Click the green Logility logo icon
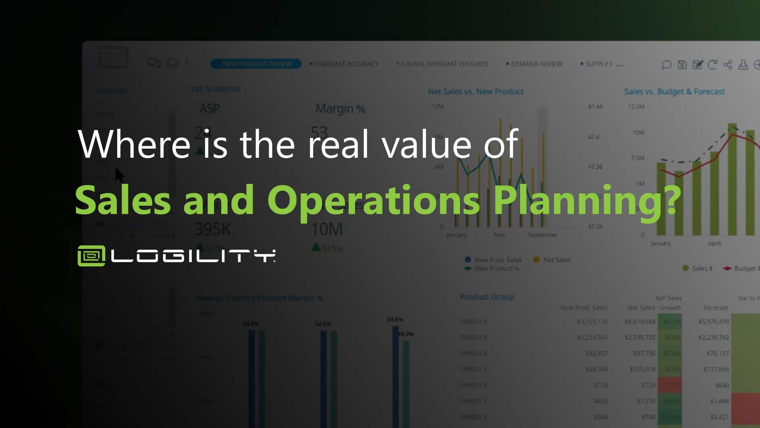pos(91,256)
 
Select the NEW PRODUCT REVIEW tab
pos(256,64)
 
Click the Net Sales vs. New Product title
pos(475,92)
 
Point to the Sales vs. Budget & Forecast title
pos(674,92)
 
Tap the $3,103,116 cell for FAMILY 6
pos(592,321)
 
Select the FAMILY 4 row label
pos(473,353)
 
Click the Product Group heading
pos(487,297)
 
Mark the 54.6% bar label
pos(395,319)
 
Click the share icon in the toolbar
pos(728,65)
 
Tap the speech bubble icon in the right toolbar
pos(667,65)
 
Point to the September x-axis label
pos(542,235)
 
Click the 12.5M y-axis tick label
pos(636,107)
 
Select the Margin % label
pos(340,109)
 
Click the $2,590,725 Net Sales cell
pos(640,337)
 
